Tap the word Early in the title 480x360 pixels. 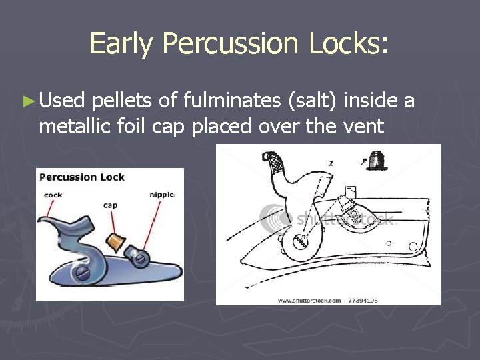(x=121, y=45)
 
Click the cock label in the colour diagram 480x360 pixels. (x=53, y=195)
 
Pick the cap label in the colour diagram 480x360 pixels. (x=110, y=205)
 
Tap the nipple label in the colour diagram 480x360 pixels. (x=162, y=195)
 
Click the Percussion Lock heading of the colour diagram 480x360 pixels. (x=82, y=177)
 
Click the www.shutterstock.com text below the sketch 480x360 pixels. (x=309, y=300)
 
